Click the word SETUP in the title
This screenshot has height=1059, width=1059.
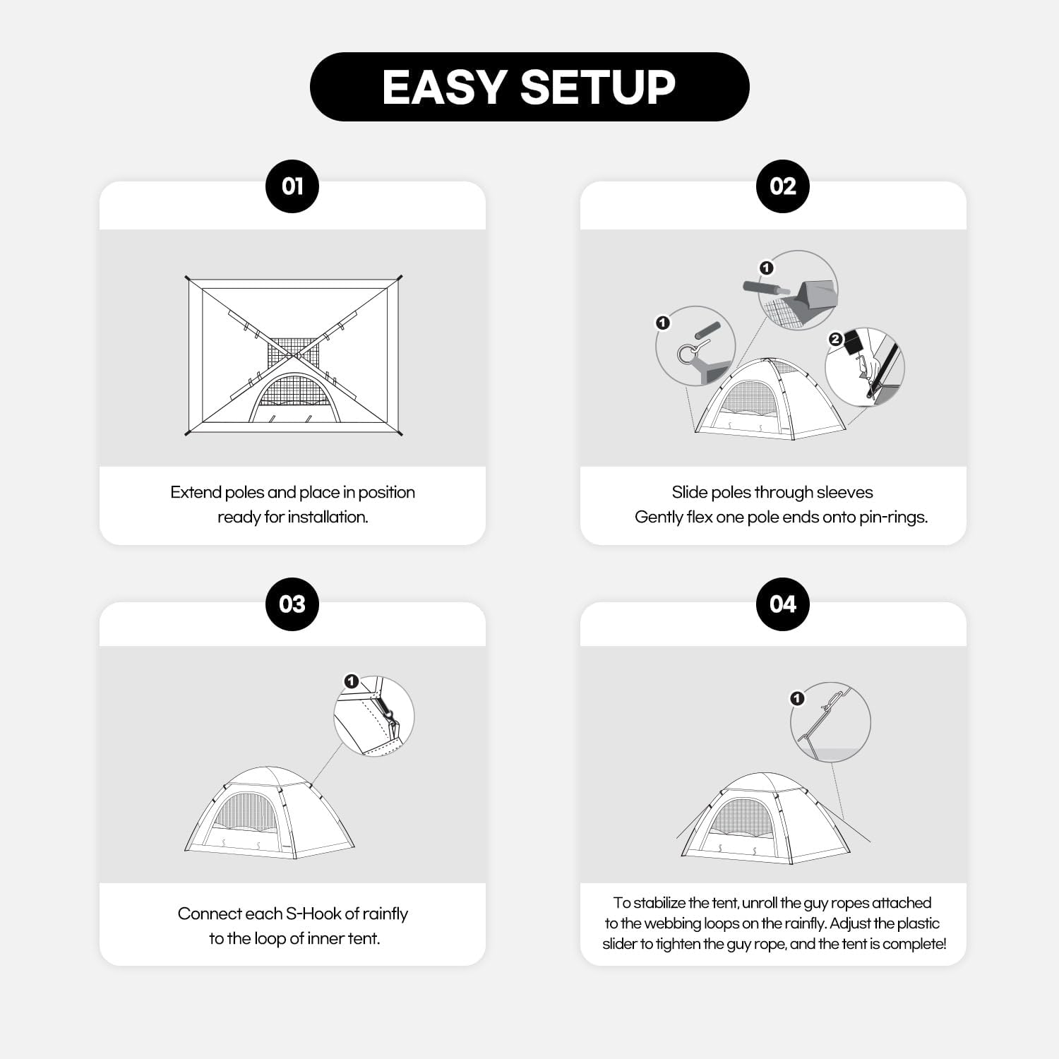(597, 88)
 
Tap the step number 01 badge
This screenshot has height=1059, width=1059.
(292, 186)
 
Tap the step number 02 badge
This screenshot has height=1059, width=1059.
(782, 186)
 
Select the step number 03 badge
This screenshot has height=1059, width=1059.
(292, 604)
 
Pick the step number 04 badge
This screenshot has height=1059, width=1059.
(782, 604)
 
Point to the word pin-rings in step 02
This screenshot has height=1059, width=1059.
(892, 517)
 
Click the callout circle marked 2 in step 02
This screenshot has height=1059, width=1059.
(866, 367)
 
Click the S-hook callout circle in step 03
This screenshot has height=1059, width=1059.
(374, 716)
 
